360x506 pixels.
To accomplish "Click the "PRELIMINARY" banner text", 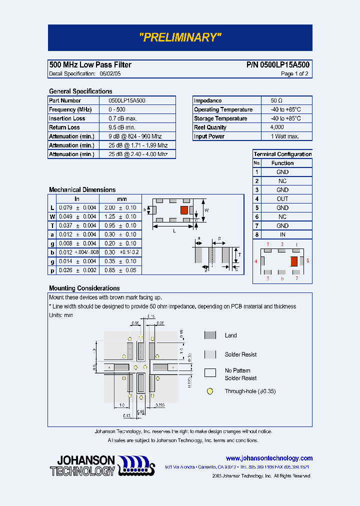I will click(180, 37).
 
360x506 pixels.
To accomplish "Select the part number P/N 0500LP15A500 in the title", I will click(277, 65).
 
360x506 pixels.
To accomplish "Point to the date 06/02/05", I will click(110, 74).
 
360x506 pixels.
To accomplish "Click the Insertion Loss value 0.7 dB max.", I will click(122, 118).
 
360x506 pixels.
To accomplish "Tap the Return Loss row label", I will click(64, 127).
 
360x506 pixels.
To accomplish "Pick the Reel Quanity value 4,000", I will click(277, 127).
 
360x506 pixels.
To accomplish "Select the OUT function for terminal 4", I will click(282, 199).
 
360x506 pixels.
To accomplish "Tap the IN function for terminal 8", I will click(282, 234).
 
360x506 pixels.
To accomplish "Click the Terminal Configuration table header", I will click(282, 154).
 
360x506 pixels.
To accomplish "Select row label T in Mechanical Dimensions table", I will click(52, 225).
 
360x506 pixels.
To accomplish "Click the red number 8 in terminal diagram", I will click(307, 261).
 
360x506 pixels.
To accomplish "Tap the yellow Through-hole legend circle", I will click(210, 391).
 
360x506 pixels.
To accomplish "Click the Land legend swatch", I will click(210, 335).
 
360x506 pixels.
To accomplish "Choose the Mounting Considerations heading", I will click(84, 288).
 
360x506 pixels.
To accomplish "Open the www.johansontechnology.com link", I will click(269, 458).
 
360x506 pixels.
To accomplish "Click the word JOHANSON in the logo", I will click(86, 460).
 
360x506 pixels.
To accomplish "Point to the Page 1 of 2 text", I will click(294, 74).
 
